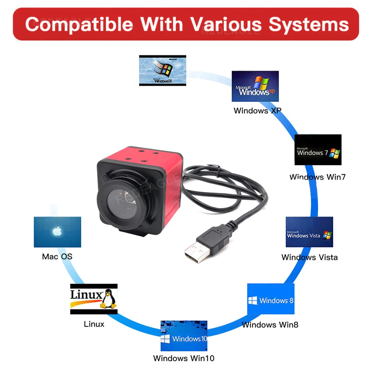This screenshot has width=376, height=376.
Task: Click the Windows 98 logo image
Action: [x=162, y=70]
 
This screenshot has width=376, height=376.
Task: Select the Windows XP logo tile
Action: [x=255, y=86]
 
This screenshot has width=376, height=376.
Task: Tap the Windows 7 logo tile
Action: [x=318, y=150]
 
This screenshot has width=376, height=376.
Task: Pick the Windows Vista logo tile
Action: [x=309, y=232]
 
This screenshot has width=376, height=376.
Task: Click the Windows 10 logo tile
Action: [x=184, y=336]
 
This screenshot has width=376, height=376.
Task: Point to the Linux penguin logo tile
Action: [x=94, y=299]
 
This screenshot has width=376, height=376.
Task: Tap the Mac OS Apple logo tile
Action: [x=57, y=232]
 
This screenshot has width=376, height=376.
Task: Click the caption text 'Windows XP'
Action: [x=257, y=111]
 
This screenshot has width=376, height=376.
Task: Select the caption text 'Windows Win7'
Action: [x=317, y=177]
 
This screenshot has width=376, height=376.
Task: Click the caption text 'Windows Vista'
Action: [x=309, y=257]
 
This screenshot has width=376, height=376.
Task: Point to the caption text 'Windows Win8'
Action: [x=270, y=324]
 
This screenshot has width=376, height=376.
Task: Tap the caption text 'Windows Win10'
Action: [x=183, y=358]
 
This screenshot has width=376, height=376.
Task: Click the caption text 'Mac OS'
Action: [x=57, y=257]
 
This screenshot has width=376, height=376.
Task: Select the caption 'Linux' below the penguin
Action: [x=94, y=324]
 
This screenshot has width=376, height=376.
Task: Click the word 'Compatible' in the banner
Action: [x=79, y=25]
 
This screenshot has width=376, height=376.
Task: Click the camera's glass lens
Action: [x=122, y=205]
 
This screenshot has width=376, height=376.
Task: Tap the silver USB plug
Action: [x=197, y=251]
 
